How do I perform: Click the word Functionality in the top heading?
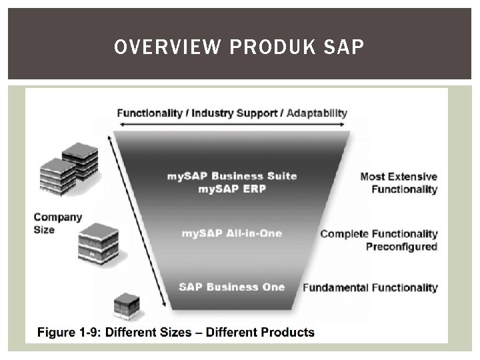(x=150, y=113)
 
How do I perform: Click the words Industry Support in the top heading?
(x=234, y=113)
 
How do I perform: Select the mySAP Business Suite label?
(x=232, y=176)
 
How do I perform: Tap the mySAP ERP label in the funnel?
(x=232, y=189)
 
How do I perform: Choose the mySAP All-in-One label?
(x=232, y=233)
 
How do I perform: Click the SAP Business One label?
(x=232, y=287)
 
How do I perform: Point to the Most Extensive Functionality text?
(x=399, y=183)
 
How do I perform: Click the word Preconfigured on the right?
(x=401, y=247)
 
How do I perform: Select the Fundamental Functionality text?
(x=371, y=288)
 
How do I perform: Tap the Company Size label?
(x=57, y=223)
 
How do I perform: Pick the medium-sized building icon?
(x=98, y=243)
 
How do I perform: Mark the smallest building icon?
(x=126, y=305)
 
